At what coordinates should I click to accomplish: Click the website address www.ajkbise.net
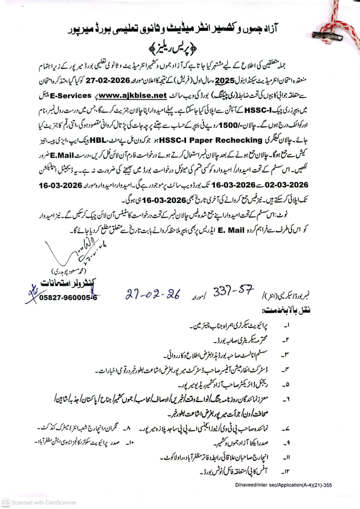tap(132, 95)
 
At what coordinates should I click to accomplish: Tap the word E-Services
tap(70, 95)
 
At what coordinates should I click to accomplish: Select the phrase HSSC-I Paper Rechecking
tap(210, 140)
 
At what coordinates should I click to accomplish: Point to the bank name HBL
tap(98, 140)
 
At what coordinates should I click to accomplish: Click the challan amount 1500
tap(228, 125)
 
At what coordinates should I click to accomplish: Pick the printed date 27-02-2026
tap(108, 81)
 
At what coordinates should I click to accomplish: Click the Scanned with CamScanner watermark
tap(39, 503)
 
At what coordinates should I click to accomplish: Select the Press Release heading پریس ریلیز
tap(173, 49)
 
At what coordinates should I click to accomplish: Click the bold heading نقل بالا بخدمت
tap(286, 310)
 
